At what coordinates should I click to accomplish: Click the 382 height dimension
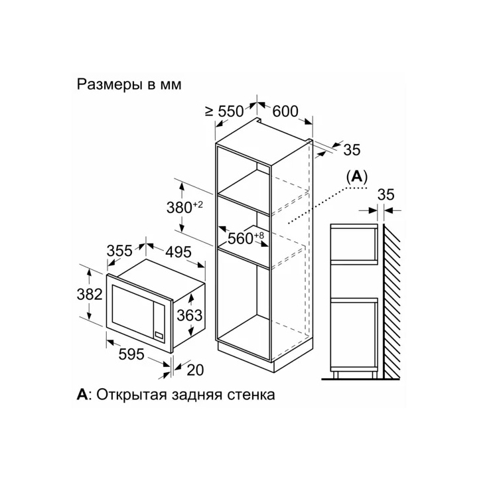click(90, 295)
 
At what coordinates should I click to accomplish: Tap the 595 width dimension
click(131, 354)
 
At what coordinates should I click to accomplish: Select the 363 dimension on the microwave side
click(190, 315)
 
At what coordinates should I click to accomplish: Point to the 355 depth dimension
click(119, 251)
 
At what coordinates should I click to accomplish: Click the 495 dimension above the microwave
click(178, 252)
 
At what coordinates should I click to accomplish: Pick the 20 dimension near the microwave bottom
click(195, 370)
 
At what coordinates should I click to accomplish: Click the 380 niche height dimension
click(184, 207)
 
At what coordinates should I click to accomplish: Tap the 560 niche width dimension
click(246, 238)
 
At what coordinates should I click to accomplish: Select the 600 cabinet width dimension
click(285, 111)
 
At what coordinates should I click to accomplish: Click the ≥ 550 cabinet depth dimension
click(224, 111)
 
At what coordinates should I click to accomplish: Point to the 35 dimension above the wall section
click(386, 195)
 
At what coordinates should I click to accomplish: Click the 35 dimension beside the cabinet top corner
click(352, 150)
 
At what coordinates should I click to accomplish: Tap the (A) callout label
click(357, 177)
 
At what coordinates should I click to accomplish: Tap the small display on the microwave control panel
click(159, 334)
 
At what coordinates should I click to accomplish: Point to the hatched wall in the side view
click(391, 301)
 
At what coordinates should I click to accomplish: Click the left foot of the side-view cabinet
click(335, 374)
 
